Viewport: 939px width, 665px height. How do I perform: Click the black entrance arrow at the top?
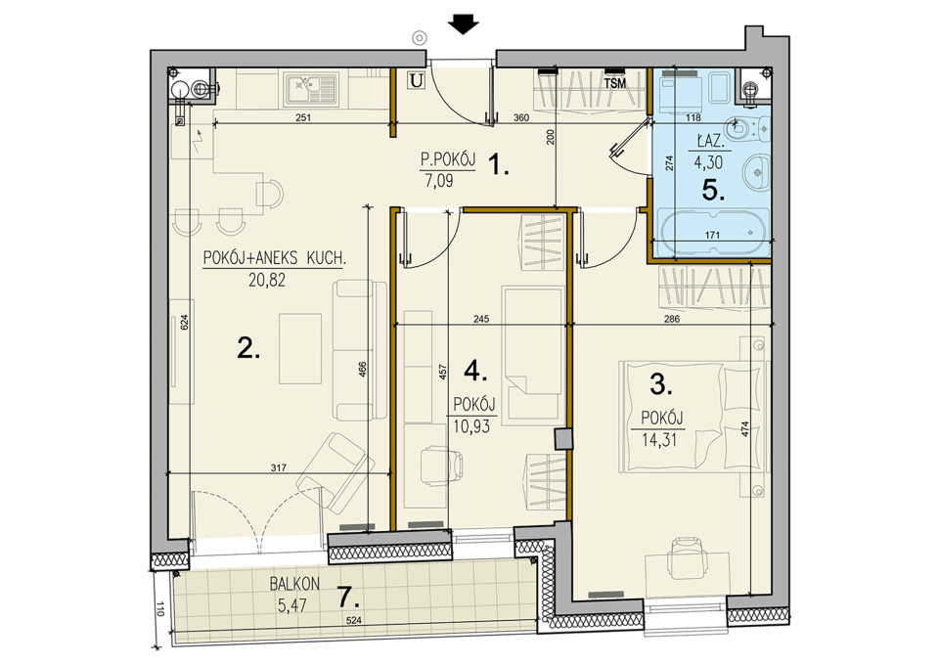point(463,23)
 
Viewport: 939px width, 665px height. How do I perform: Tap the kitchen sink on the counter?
point(311,89)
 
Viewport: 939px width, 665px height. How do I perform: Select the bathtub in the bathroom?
point(713,232)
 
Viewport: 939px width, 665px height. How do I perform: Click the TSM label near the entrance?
point(615,84)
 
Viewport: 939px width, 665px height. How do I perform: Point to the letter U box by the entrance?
point(417,79)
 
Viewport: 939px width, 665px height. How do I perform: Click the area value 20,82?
point(267,280)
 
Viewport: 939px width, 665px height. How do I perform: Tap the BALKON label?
point(294,584)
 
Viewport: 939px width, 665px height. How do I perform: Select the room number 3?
point(661,384)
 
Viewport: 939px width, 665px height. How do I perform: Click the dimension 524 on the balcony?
point(354,621)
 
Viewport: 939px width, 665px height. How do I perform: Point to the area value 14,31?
point(659,440)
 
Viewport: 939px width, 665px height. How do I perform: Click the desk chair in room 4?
point(442,465)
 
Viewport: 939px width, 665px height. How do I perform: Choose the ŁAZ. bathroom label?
point(711,143)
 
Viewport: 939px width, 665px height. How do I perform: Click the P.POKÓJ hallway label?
point(448,159)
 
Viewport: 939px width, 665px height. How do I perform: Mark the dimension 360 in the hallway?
point(521,118)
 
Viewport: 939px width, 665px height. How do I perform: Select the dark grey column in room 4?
point(564,439)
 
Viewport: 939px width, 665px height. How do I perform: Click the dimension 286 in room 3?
point(672,319)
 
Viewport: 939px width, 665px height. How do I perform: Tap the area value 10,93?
point(471,426)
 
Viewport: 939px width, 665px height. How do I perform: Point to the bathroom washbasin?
point(757,172)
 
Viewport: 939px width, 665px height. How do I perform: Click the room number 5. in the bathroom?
point(713,191)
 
